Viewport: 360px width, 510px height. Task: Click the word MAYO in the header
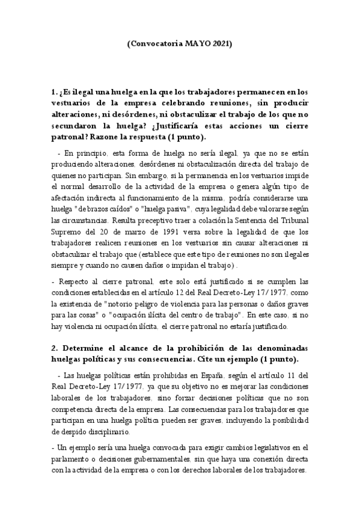click(x=191, y=44)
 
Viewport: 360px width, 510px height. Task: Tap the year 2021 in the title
click(x=218, y=44)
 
